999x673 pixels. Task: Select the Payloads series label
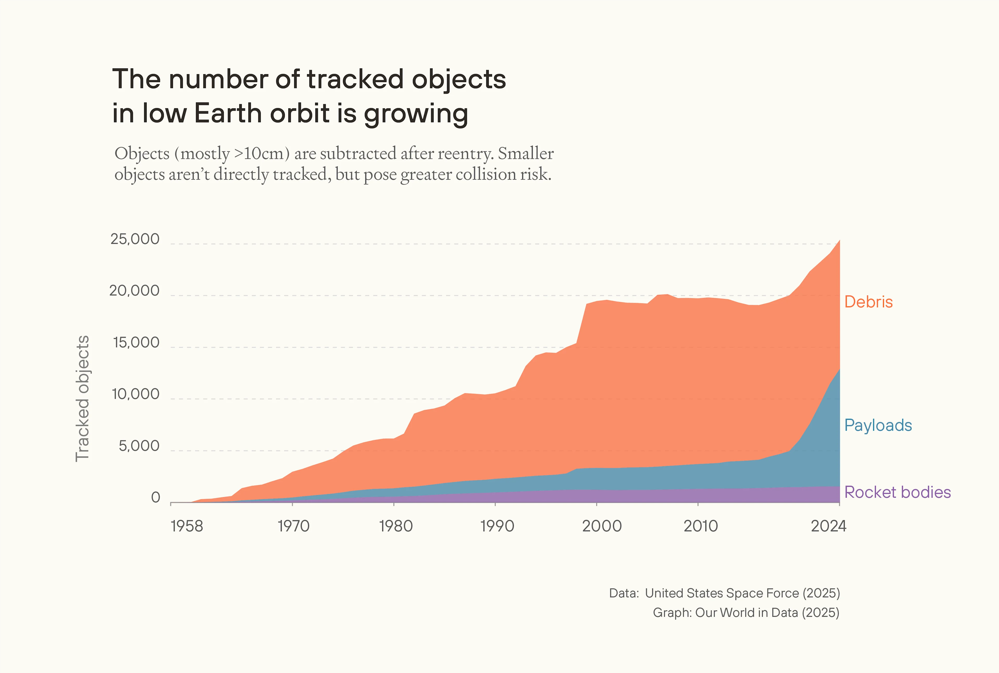pos(878,425)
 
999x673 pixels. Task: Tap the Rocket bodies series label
pos(897,492)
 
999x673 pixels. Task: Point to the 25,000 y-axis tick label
pos(135,239)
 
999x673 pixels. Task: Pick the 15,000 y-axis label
pos(136,343)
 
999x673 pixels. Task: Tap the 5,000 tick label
pos(139,446)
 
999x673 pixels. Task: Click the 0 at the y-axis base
pos(156,498)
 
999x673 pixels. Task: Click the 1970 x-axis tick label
pos(293,526)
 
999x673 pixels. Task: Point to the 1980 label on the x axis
pos(395,526)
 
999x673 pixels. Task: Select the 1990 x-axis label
pos(497,526)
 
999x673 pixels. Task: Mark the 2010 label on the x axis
pos(701,526)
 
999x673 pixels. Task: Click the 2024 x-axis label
pos(828,526)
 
